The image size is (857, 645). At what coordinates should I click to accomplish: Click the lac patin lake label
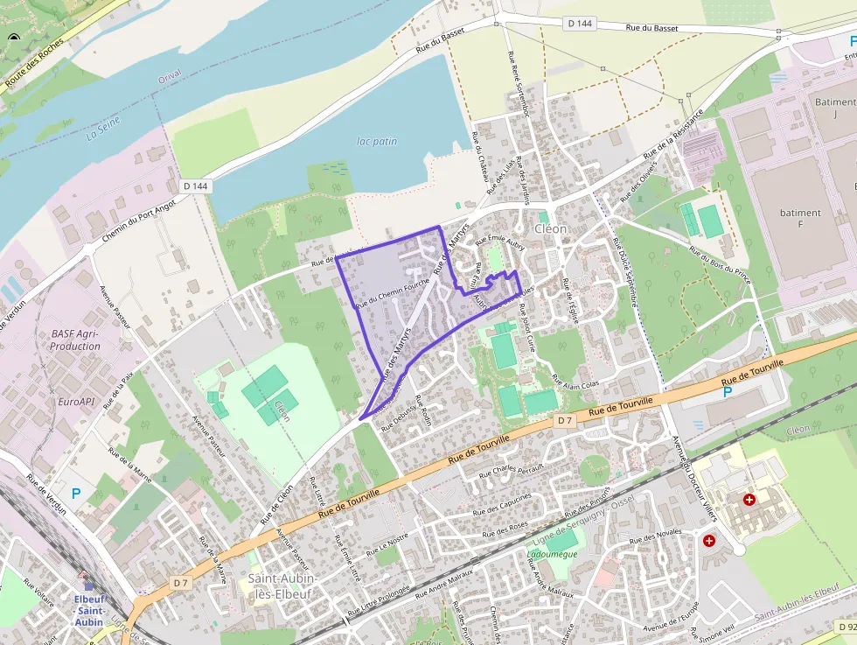pyautogui.click(x=377, y=141)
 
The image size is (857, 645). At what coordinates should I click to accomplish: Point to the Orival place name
pyautogui.click(x=170, y=76)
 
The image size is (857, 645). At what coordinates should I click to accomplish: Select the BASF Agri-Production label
pyautogui.click(x=75, y=340)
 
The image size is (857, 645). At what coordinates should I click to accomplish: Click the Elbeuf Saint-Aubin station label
pyautogui.click(x=88, y=610)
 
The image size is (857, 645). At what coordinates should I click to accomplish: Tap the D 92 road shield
pyautogui.click(x=845, y=627)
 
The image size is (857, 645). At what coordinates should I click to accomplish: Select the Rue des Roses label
pyautogui.click(x=505, y=529)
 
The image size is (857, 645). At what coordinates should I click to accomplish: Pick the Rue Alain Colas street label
pyautogui.click(x=575, y=384)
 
